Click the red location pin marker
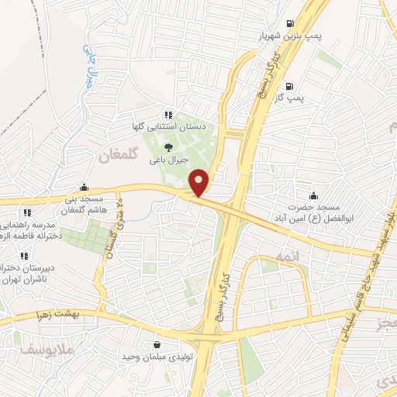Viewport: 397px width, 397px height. click(199, 183)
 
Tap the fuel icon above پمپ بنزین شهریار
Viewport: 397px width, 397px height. click(290, 24)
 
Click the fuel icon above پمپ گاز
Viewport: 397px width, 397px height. click(290, 86)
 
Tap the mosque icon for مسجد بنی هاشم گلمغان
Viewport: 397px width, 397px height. click(85, 188)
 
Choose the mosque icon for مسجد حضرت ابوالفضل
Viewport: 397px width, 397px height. click(313, 195)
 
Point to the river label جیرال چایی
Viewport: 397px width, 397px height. click(91, 63)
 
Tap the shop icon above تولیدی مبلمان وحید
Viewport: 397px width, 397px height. click(157, 345)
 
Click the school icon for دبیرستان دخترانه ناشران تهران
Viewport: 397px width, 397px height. click(26, 255)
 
